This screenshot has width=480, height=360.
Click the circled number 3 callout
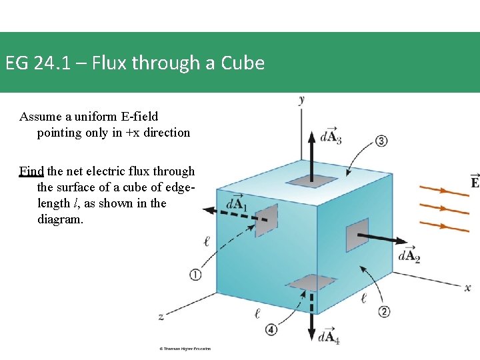point(381,141)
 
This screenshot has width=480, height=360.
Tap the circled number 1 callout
point(195,274)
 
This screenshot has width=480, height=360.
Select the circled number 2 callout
point(384,311)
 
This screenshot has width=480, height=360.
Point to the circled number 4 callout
point(271,329)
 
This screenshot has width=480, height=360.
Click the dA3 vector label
point(331,136)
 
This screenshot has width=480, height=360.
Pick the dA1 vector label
point(237,204)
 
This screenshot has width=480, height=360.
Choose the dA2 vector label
point(409,255)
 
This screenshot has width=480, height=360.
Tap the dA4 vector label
point(329,337)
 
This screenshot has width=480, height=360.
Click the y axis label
point(302,99)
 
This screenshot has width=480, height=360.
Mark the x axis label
point(467,287)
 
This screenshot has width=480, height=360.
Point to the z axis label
point(161,315)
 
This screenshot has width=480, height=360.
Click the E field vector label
point(475,181)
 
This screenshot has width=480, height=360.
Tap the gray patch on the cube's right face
point(357,238)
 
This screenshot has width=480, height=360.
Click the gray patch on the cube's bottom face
point(311,283)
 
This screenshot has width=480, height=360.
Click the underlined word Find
point(31,171)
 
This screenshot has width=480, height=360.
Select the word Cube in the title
point(243,63)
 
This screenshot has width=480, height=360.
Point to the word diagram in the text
point(61,219)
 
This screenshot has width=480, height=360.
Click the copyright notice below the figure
point(185,349)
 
